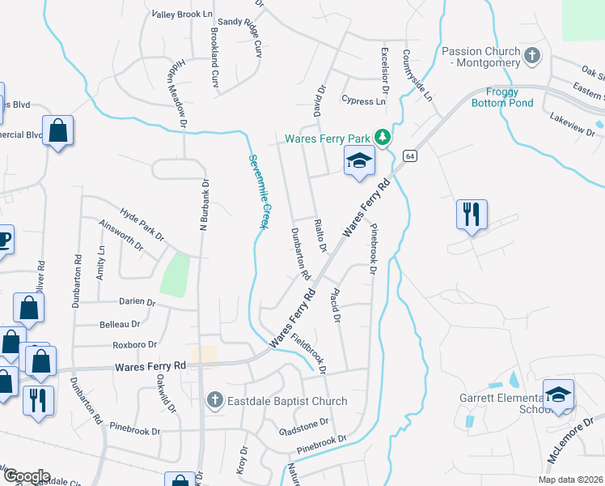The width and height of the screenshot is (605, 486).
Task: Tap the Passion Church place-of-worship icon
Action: tap(531, 56)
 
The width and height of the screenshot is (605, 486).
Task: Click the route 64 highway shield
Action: tap(411, 156)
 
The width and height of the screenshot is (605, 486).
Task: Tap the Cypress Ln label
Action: tap(363, 101)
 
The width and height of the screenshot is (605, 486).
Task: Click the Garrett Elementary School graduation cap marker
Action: tap(558, 395)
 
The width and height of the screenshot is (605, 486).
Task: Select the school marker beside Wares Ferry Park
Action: tap(358, 162)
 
